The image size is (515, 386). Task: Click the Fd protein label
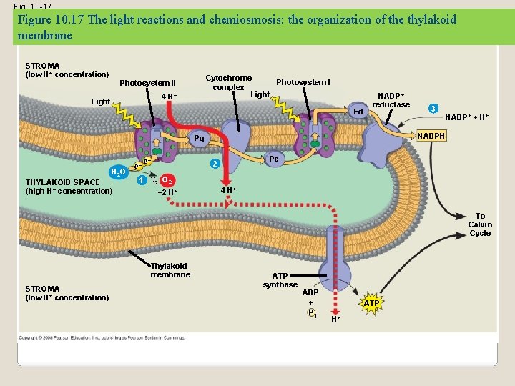pyautogui.click(x=358, y=112)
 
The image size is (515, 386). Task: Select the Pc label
pyautogui.click(x=273, y=159)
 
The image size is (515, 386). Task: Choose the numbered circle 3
pyautogui.click(x=433, y=109)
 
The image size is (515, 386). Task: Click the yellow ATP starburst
pyautogui.click(x=371, y=304)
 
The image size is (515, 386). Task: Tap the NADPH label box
pyautogui.click(x=431, y=136)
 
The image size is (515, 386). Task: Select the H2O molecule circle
pyautogui.click(x=118, y=172)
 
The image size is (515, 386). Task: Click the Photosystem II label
pyautogui.click(x=147, y=83)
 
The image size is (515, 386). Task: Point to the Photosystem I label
pyautogui.click(x=303, y=82)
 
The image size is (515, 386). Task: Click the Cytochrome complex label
pyautogui.click(x=228, y=82)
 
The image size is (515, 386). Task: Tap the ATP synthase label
pyautogui.click(x=280, y=280)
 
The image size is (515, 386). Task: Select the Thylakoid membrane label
pyautogui.click(x=170, y=270)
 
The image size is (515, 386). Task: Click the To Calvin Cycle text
pyautogui.click(x=480, y=224)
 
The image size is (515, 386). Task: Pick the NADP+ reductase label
pyautogui.click(x=391, y=100)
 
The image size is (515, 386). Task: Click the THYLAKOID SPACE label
pyautogui.click(x=69, y=187)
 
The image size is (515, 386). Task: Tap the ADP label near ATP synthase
pyautogui.click(x=310, y=292)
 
